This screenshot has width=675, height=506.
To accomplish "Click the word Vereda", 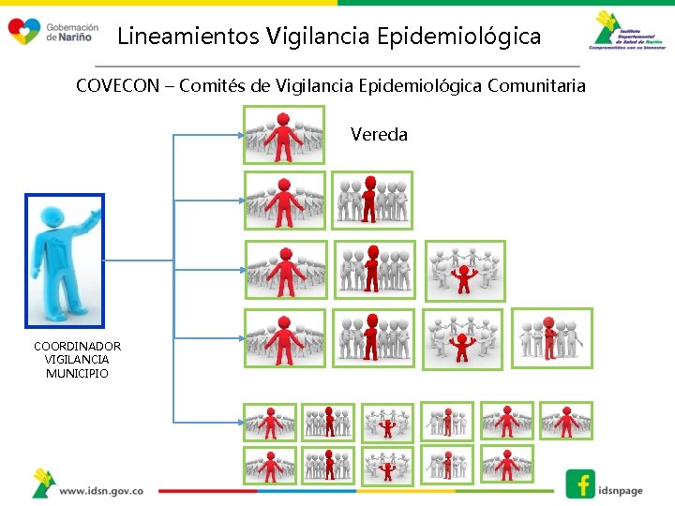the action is tap(379, 135).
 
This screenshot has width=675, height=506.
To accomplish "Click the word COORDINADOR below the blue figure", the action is tap(77, 346).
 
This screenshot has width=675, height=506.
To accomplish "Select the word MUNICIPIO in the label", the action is tap(77, 374).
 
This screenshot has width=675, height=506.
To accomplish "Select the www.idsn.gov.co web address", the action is tap(101, 490).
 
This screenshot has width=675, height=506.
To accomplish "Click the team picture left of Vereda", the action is tap(283, 135).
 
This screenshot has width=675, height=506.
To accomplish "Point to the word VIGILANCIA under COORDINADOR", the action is tap(77, 360).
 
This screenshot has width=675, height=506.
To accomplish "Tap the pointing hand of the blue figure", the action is tap(93, 208).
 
